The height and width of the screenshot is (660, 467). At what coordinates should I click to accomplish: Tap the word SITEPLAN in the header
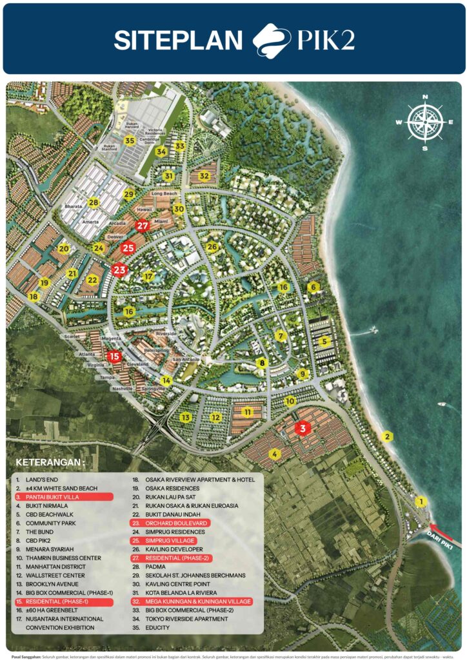point(178,40)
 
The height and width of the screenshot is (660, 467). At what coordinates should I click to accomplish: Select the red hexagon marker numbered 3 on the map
point(301,427)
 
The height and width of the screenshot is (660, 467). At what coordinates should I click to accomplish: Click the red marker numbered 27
point(143,226)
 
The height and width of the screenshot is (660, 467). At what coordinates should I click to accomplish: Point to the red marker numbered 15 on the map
point(114,356)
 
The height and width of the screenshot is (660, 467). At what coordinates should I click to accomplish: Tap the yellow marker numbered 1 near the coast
point(421,501)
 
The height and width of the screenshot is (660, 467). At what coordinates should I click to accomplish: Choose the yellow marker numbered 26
point(212,246)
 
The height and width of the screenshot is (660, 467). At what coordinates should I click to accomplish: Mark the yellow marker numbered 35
point(130,141)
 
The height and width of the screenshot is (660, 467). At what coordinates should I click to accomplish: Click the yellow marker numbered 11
point(247,411)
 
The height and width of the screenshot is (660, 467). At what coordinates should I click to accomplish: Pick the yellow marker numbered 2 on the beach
point(388,436)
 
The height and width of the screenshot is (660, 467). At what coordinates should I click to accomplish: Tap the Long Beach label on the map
point(164,193)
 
